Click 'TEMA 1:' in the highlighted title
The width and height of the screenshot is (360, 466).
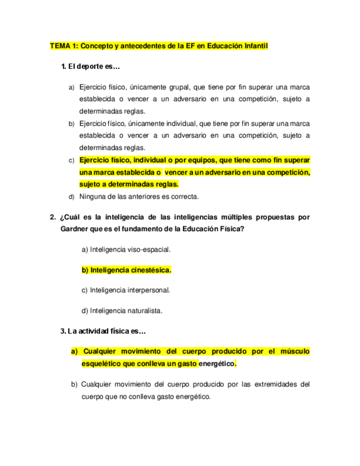(64, 47)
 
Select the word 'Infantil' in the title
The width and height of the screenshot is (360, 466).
(253, 47)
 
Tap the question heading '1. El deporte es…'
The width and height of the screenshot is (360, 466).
(91, 67)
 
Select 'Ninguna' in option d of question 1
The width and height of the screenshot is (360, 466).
(91, 197)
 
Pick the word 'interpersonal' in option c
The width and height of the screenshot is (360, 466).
(149, 290)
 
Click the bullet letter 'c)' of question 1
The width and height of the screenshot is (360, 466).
(71, 160)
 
